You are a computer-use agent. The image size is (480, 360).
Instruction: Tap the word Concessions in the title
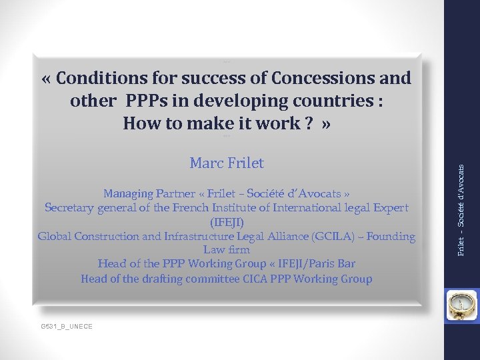click(x=319, y=78)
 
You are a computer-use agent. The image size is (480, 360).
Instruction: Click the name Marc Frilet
click(x=227, y=163)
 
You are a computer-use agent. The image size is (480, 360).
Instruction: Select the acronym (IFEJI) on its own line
click(x=227, y=222)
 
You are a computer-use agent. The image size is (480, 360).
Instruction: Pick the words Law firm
click(x=227, y=250)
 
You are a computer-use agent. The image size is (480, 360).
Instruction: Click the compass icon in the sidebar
click(x=461, y=302)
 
